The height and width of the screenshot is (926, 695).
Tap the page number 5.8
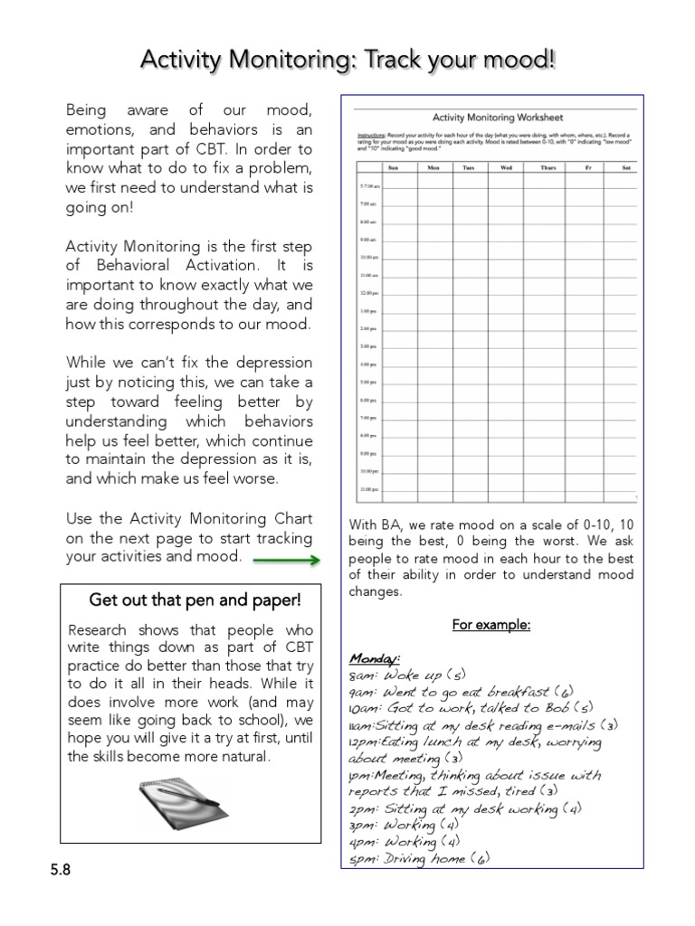click(61, 870)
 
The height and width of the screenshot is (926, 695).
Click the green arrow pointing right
click(286, 561)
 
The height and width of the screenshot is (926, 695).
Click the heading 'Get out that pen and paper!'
click(194, 600)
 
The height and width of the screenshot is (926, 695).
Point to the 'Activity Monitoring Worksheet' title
click(497, 118)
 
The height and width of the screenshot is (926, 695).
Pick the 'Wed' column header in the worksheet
click(506, 167)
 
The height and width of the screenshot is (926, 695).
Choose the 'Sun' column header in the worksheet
click(393, 167)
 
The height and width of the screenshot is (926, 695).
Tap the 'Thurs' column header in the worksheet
click(547, 167)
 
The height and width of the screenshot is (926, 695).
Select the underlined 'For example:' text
click(491, 625)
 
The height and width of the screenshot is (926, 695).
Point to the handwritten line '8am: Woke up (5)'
click(407, 675)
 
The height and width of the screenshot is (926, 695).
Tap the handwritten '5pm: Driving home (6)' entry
click(418, 859)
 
